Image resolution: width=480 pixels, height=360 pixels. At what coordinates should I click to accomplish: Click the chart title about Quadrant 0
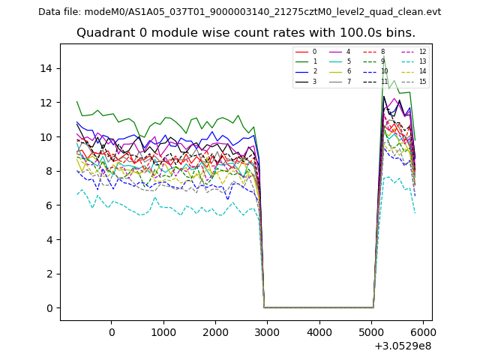pos(245,33)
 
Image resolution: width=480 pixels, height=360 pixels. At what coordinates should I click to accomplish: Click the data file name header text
pos(239,12)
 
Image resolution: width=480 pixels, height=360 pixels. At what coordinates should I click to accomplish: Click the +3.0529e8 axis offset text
pos(401,346)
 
